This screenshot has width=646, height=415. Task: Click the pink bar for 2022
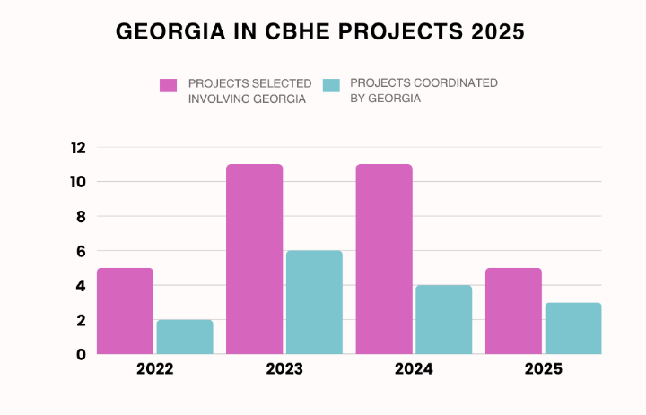pyautogui.click(x=125, y=311)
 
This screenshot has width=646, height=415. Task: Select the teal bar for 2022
pyautogui.click(x=185, y=337)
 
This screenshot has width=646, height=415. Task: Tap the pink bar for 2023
pyautogui.click(x=254, y=259)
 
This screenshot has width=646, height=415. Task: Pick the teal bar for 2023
pyautogui.click(x=314, y=302)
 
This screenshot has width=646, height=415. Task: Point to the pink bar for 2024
pyautogui.click(x=384, y=259)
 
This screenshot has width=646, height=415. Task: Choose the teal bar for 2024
pyautogui.click(x=443, y=319)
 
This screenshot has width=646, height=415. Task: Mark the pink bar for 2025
pyautogui.click(x=513, y=311)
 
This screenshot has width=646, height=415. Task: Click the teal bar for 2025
pyautogui.click(x=573, y=328)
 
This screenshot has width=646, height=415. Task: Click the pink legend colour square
pyautogui.click(x=169, y=85)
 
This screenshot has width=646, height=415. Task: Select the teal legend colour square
pyautogui.click(x=331, y=85)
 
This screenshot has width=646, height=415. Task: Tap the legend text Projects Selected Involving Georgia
pyautogui.click(x=250, y=91)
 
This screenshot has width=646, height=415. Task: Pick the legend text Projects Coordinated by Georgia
pyautogui.click(x=423, y=91)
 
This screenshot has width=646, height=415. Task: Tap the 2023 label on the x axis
pyautogui.click(x=284, y=369)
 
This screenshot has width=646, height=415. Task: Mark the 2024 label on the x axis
pyautogui.click(x=414, y=369)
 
